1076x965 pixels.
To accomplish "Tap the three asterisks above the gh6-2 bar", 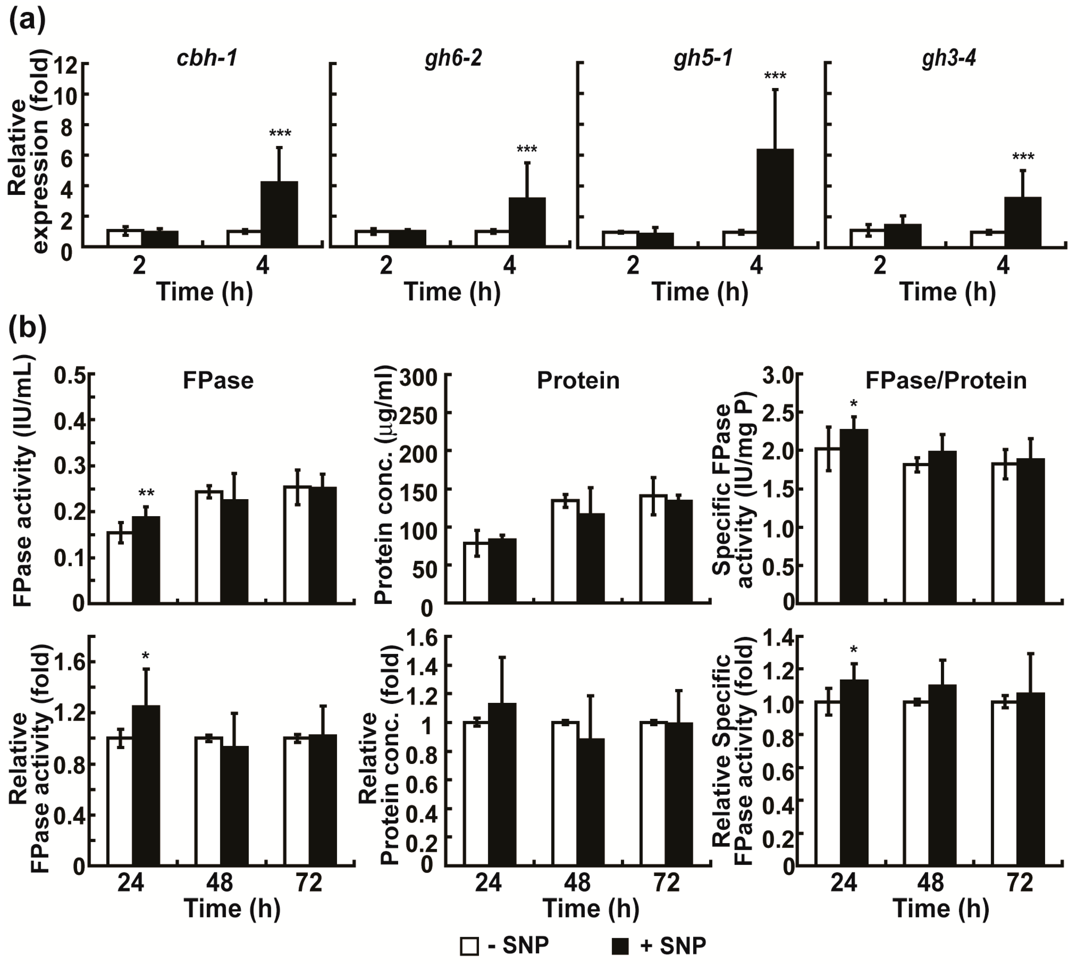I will pyautogui.click(x=526, y=149).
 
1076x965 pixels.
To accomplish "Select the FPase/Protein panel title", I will pyautogui.click(x=946, y=381).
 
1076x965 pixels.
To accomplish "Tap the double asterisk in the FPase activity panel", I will pyautogui.click(x=146, y=494).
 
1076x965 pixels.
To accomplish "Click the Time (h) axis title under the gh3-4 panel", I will pyautogui.click(x=947, y=292).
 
